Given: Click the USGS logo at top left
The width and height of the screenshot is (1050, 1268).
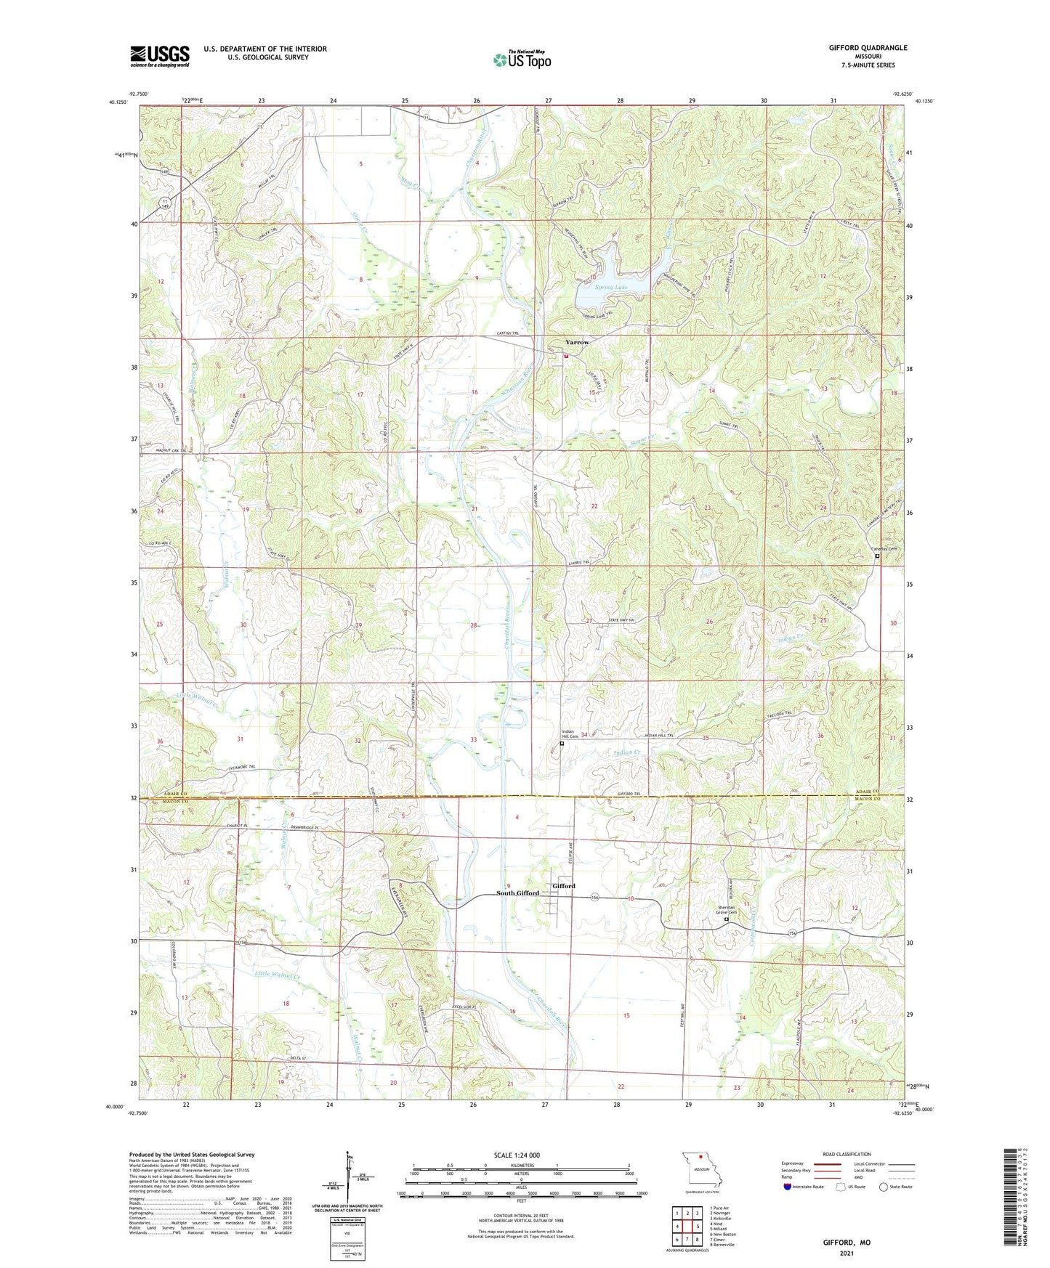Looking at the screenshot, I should click(160, 55).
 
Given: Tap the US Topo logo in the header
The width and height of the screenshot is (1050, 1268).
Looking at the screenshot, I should click(521, 59).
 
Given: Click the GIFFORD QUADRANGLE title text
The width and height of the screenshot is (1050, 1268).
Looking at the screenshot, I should click(868, 48).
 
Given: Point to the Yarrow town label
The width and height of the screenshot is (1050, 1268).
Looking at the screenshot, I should click(578, 342).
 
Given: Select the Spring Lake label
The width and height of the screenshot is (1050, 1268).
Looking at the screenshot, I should click(611, 288).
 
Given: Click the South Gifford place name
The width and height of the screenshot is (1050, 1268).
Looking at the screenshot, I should click(517, 893).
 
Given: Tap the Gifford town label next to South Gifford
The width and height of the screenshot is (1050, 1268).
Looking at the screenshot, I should click(564, 886).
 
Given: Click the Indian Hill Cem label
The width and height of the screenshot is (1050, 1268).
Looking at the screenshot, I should click(570, 733).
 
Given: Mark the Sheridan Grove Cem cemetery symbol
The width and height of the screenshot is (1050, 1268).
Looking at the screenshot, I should click(727, 920).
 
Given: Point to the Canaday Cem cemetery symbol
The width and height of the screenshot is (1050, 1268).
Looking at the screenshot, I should click(877, 556).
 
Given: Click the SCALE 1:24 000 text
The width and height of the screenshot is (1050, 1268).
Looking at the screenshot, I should click(516, 1155).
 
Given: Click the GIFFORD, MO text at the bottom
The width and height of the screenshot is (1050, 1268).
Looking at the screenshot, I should click(846, 1243).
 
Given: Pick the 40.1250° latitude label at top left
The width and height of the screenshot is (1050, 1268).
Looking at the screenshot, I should click(116, 102).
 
